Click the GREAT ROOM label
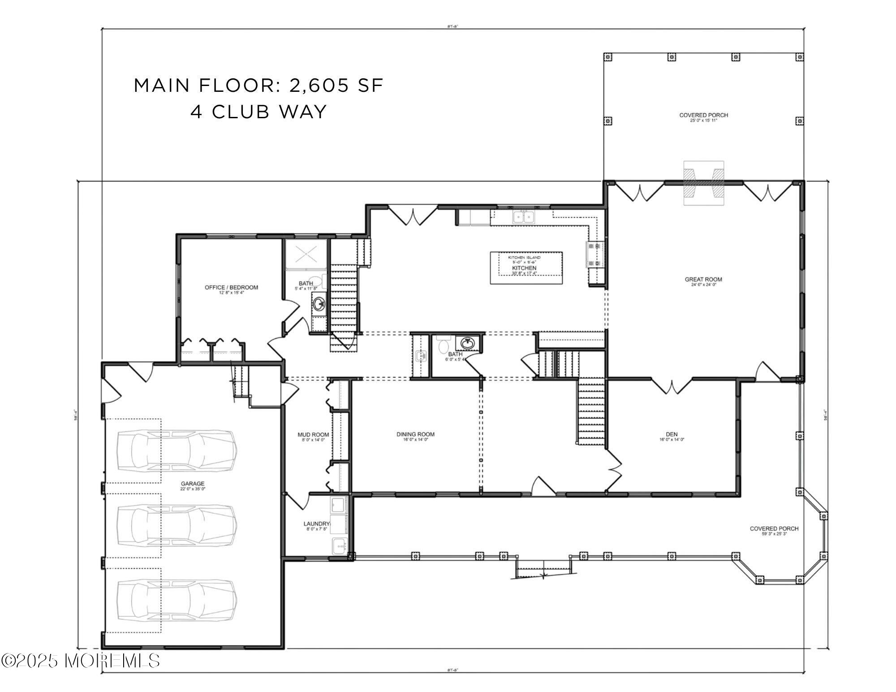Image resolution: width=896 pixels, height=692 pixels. (703, 279)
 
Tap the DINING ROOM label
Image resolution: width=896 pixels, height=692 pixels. (415, 434)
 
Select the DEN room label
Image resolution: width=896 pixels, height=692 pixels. (672, 434)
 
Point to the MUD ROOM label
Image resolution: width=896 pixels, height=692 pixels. (313, 434)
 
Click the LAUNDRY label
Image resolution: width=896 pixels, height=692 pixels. (317, 524)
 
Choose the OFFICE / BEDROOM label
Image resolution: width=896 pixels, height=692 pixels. (231, 287)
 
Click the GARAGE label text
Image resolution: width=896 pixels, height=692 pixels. (193, 483)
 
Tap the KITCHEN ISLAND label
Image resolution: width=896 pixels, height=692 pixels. (524, 258)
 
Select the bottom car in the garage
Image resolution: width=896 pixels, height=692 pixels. (176, 600)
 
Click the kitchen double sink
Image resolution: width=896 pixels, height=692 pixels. (523, 217)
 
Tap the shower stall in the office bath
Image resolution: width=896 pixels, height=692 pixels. (306, 254)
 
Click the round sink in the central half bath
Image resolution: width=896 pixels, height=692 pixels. (468, 343)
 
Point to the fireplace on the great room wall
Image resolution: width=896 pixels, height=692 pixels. (703, 182)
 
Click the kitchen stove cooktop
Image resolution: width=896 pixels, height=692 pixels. (594, 254)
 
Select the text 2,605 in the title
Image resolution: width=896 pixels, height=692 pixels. (319, 85)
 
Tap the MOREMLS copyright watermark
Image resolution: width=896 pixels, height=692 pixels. (81, 661)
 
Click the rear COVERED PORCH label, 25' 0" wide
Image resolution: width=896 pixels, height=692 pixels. (703, 115)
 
